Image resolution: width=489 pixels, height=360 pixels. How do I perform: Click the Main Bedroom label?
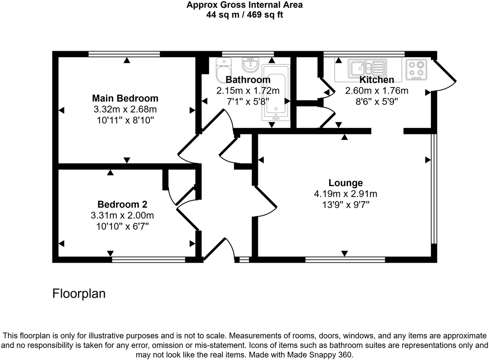(125, 99)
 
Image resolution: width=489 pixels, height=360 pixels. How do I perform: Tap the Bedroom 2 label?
(122, 205)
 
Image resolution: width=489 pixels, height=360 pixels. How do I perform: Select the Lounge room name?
(345, 183)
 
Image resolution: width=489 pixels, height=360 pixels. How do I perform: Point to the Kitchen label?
(376, 80)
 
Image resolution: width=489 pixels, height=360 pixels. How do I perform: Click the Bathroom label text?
(248, 80)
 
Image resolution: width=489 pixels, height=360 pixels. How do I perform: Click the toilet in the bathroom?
(224, 71)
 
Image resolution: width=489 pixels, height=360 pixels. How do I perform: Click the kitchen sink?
(368, 67)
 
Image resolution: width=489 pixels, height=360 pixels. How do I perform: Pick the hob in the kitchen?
(416, 69)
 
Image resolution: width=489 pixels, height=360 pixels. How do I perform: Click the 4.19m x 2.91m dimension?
(345, 194)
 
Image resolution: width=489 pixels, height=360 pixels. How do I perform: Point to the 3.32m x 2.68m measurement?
(125, 109)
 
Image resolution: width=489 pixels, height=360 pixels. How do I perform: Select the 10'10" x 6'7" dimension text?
(122, 226)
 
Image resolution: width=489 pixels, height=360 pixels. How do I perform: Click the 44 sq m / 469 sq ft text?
(244, 15)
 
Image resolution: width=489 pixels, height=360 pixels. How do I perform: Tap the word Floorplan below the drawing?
(79, 294)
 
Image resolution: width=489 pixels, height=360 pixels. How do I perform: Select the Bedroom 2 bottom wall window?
(148, 259)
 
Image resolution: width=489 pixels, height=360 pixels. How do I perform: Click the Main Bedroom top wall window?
(124, 54)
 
